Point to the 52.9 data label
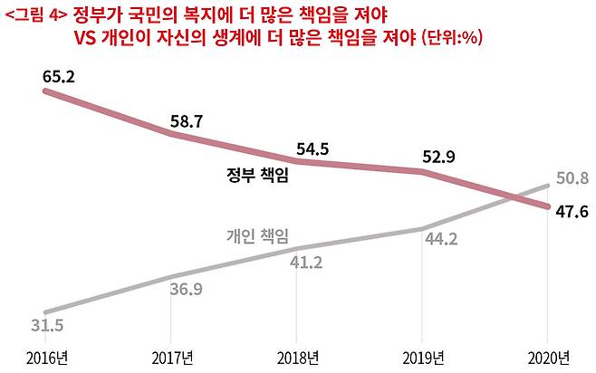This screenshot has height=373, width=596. [x=438, y=157]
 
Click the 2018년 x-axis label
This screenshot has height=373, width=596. [x=299, y=355]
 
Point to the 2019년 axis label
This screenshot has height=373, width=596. [x=425, y=355]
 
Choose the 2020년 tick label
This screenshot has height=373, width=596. [x=550, y=355]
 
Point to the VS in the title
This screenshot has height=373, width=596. [x=88, y=37]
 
